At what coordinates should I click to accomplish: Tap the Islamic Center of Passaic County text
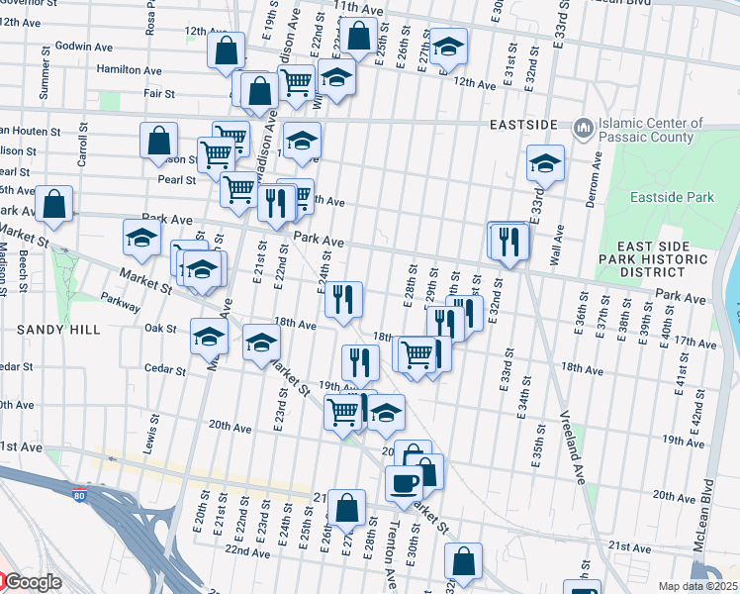651,131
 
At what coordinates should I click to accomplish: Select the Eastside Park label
673,198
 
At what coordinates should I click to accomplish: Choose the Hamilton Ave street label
129,70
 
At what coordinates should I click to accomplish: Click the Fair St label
158,94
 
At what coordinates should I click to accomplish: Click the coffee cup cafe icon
404,483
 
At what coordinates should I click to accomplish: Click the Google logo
33,582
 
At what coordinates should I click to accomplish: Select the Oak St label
159,328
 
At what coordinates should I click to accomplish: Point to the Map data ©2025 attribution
696,586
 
